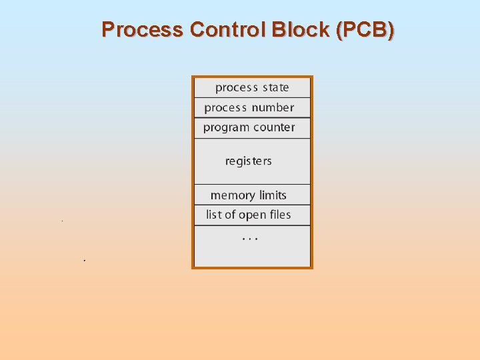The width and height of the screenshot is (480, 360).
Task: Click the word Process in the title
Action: [x=143, y=30]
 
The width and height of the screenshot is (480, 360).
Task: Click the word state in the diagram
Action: [x=275, y=87]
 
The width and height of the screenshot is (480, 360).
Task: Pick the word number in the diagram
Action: [x=273, y=107]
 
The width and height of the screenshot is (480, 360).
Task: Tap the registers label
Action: [x=248, y=161]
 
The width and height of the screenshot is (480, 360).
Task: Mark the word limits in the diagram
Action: [x=273, y=195]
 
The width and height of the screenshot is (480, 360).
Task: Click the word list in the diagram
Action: [x=213, y=215]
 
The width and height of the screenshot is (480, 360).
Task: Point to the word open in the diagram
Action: [x=253, y=215]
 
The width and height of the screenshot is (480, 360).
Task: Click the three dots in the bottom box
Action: [x=250, y=238]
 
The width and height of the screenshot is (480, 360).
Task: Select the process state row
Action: [x=252, y=87]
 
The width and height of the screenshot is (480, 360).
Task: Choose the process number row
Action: [x=252, y=107]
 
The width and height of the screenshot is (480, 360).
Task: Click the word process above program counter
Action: [x=225, y=108]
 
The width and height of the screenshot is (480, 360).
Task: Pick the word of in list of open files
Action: [x=230, y=215]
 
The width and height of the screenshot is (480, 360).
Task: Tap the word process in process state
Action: [x=237, y=88]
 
